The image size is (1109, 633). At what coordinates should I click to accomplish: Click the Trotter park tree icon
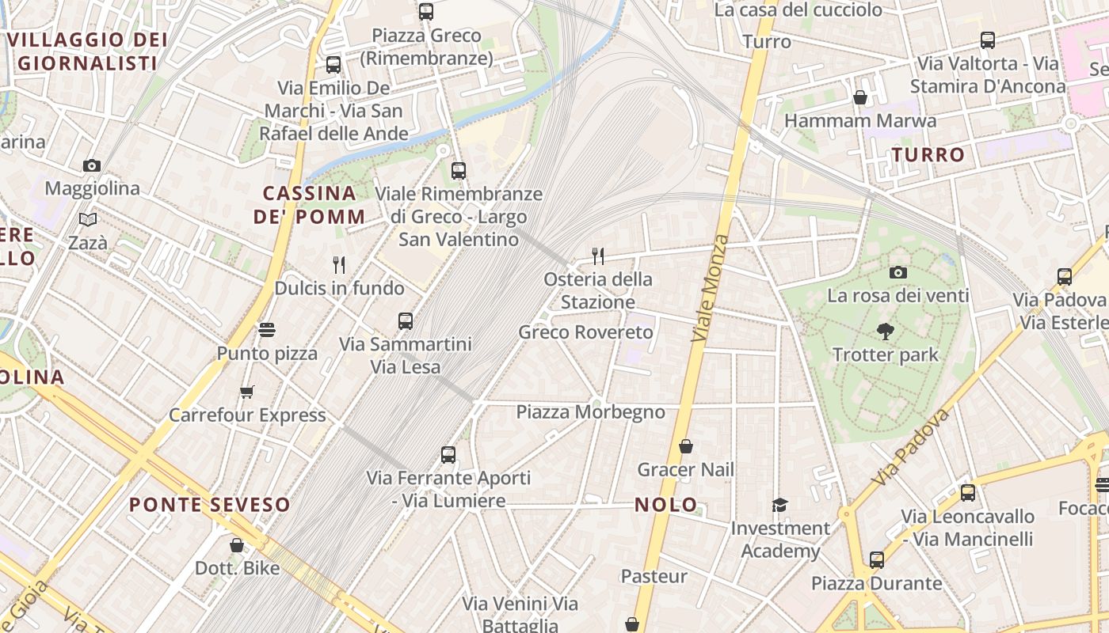tap(886, 332)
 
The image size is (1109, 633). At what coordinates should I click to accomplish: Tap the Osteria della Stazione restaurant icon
tap(598, 256)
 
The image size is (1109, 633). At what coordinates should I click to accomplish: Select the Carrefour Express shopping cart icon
tap(247, 392)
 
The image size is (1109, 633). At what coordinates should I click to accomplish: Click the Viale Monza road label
tap(710, 288)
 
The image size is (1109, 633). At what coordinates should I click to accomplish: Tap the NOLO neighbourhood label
tap(666, 505)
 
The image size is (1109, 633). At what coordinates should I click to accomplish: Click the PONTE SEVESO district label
tap(209, 504)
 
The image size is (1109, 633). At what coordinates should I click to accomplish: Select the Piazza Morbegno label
tap(590, 412)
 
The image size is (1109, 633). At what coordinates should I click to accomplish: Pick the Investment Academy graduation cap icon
tap(780, 505)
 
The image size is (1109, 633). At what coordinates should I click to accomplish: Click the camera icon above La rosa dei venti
tap(897, 272)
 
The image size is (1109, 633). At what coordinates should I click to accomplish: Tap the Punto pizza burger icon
tap(267, 330)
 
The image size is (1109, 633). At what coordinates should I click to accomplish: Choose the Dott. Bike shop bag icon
tap(236, 545)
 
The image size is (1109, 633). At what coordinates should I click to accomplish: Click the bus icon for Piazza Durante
tap(876, 560)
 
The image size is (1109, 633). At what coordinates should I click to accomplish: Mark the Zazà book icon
tap(88, 219)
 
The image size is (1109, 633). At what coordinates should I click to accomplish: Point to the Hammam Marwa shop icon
tap(860, 97)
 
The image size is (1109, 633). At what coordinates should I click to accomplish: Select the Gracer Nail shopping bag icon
tap(686, 446)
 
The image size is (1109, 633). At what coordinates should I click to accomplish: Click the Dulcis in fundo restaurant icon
tap(339, 264)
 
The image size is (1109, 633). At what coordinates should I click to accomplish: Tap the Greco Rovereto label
tap(585, 332)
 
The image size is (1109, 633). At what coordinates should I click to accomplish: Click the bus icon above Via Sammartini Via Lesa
tap(406, 320)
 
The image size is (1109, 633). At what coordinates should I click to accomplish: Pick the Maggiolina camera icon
tap(92, 165)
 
